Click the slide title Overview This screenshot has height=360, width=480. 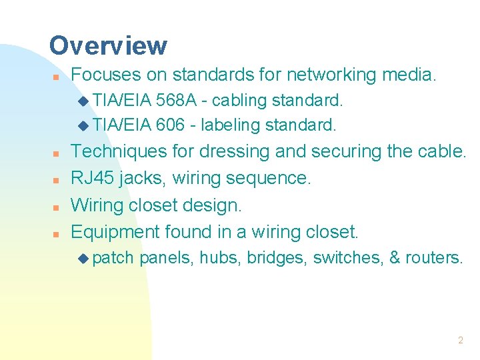pos(108,46)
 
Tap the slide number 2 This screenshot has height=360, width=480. pos(460,340)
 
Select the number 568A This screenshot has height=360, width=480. pos(176,101)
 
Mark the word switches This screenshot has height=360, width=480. pos(347,257)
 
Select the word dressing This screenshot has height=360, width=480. pos(231,153)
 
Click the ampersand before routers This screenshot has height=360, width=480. pos(393,257)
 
